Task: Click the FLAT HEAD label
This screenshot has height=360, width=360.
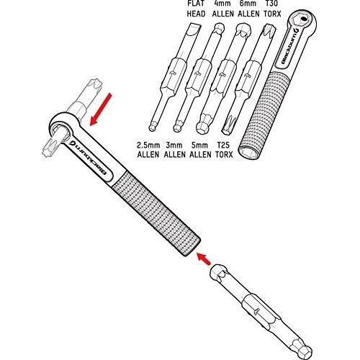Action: (196, 9)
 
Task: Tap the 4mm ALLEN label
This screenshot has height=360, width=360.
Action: (223, 9)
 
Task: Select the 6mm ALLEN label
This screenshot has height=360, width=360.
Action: (248, 9)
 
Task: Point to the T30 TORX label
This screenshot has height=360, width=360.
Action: (272, 9)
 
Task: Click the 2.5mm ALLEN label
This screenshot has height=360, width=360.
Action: (148, 150)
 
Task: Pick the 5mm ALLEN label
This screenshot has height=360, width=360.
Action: (200, 150)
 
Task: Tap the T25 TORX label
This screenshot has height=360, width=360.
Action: (224, 150)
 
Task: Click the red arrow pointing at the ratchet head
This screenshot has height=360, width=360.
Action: (101, 109)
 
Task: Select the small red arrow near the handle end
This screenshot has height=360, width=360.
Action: (204, 258)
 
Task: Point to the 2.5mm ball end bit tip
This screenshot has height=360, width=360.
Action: (152, 127)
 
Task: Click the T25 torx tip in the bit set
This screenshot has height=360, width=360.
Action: (228, 125)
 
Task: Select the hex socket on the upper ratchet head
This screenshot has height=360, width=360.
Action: (304, 19)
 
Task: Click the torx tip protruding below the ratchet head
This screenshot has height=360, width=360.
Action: (52, 146)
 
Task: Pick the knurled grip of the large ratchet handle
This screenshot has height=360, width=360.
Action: (156, 213)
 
